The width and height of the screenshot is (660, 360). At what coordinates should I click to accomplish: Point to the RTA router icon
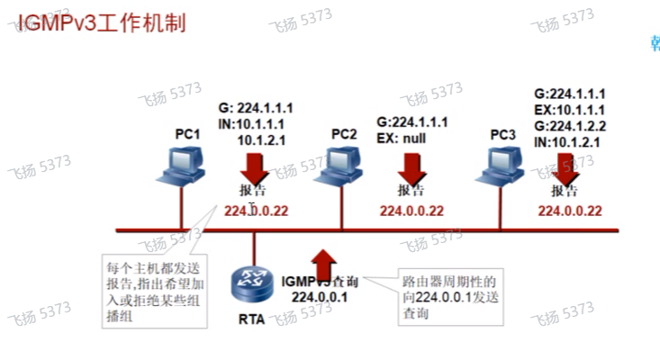tap(251, 285)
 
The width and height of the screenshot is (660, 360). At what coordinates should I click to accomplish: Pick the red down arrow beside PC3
tap(567, 166)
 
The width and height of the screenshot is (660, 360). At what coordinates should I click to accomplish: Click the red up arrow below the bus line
tap(324, 265)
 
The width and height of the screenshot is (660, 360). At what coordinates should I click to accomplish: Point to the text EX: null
tap(401, 138)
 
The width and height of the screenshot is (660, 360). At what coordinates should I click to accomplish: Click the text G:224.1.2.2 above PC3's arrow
tap(570, 126)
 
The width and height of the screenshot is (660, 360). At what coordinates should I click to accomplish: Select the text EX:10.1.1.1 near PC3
tap(570, 110)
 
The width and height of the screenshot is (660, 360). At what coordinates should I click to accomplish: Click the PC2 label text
tap(344, 133)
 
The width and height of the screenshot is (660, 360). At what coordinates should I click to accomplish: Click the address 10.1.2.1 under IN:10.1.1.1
tap(262, 139)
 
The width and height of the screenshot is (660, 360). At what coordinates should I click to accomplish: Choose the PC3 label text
tap(503, 134)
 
